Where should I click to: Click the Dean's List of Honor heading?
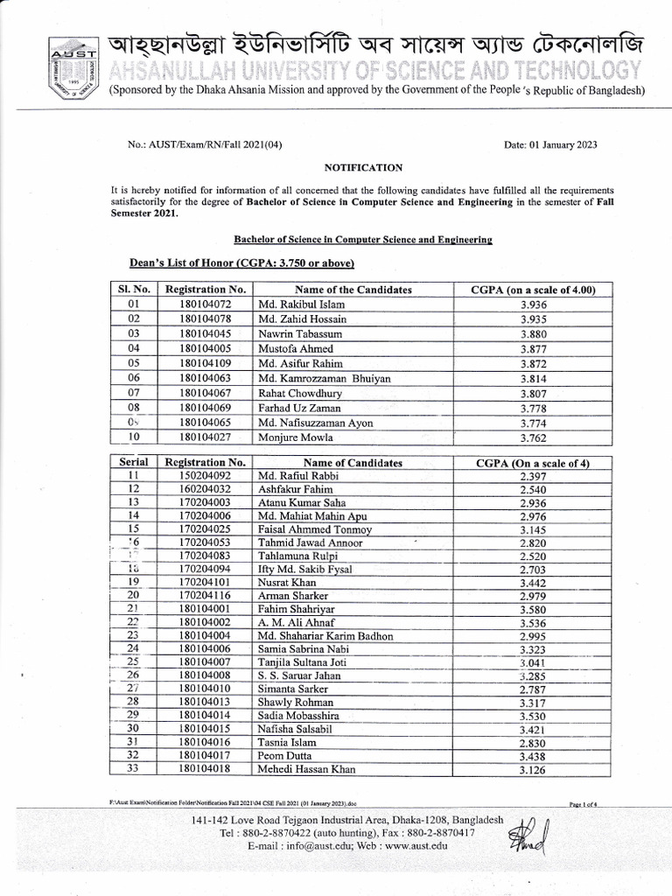(x=241, y=262)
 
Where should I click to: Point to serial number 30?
(x=133, y=728)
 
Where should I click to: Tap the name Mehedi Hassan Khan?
(x=307, y=770)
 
